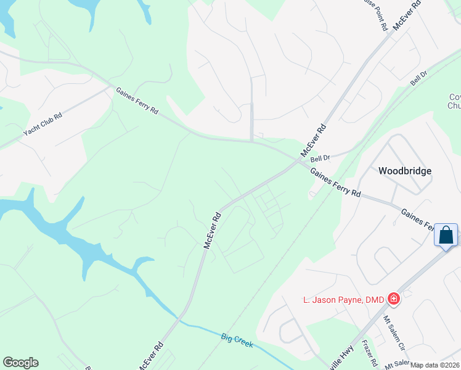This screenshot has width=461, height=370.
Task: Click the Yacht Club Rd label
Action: [43, 125]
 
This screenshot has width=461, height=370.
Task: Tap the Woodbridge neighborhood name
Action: [404, 171]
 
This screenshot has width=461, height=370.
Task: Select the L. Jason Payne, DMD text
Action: [344, 300]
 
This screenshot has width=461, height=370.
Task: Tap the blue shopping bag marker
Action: [446, 235]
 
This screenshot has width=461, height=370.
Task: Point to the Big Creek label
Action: [237, 340]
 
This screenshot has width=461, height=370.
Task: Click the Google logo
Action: [20, 363]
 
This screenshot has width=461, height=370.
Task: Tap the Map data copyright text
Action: [435, 365]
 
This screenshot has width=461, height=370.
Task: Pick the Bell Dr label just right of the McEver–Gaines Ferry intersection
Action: [320, 158]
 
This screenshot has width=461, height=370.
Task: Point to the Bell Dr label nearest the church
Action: [419, 78]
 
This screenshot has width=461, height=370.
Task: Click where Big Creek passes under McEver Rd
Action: [179, 319]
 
